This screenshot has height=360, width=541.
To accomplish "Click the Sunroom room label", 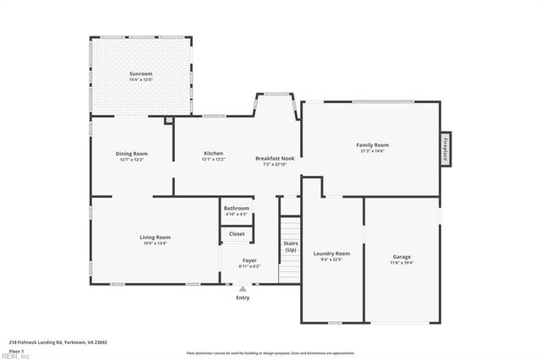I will point(140,74).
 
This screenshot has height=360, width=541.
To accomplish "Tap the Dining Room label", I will point(132,153).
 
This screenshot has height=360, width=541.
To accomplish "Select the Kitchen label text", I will point(213,153).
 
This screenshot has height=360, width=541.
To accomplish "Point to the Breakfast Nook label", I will point(275,158).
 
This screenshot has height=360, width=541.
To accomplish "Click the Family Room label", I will point(372,145).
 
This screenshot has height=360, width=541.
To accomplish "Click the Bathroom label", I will point(237,208).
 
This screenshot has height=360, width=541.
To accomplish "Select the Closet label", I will point(237,233).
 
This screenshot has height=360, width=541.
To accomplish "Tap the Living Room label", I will point(155,237).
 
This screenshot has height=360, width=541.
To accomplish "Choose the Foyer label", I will point(249,260).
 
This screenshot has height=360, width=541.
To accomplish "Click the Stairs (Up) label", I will point(291,247).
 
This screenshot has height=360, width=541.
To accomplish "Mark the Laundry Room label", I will point(331,254).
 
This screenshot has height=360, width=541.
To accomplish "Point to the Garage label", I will point(402,257).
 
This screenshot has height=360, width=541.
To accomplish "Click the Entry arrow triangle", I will point(243,289).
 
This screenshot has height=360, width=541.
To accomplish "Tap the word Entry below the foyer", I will point(243,297).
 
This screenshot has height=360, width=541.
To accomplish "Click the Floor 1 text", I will point(17,350).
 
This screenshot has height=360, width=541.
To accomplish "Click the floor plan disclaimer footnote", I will point(270,352).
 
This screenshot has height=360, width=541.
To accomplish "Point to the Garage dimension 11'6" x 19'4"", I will point(402,262).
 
